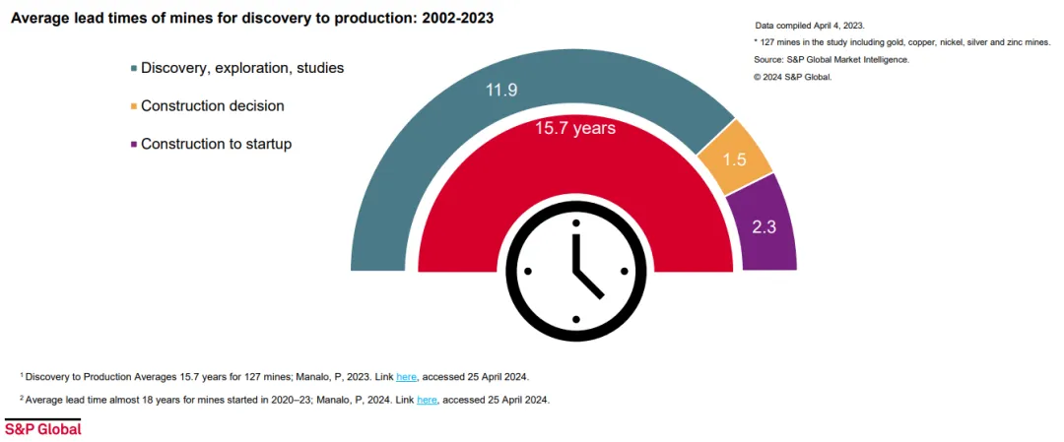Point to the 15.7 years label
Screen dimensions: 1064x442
(x=575, y=127)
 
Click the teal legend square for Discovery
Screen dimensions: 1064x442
(x=134, y=69)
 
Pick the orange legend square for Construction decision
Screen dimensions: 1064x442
(x=134, y=106)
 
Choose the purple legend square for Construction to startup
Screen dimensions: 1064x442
(x=134, y=145)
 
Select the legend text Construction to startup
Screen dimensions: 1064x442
(x=217, y=145)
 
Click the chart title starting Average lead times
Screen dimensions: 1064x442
(x=252, y=19)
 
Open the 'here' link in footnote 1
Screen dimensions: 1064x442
(x=406, y=376)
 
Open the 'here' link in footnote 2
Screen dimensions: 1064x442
(x=427, y=400)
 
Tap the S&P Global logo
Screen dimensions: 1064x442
(x=42, y=428)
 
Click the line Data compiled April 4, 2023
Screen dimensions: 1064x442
(x=810, y=26)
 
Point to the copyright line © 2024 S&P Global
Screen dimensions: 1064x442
(x=792, y=77)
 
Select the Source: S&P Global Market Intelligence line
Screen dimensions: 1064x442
(x=831, y=60)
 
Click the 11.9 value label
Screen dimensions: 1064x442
(x=502, y=90)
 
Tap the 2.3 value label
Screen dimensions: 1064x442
(x=765, y=227)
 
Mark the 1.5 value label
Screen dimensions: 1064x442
(x=735, y=160)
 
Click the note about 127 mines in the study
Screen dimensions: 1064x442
(x=902, y=42)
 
